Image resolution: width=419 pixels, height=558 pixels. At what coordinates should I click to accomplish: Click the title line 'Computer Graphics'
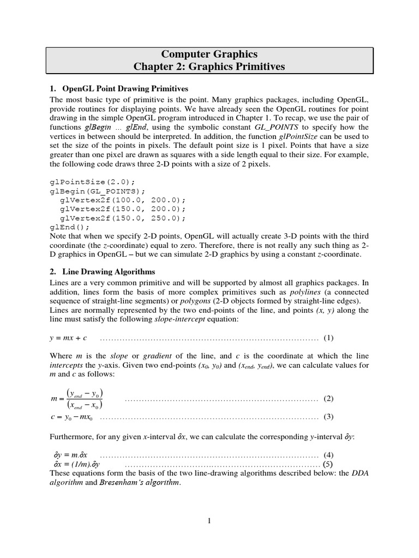point(209,54)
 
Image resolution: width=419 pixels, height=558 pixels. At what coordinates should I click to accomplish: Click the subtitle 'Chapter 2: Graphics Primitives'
point(209,67)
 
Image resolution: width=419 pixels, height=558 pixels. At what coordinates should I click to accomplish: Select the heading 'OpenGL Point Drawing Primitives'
point(125,88)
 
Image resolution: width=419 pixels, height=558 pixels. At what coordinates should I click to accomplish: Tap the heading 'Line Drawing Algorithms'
point(109,271)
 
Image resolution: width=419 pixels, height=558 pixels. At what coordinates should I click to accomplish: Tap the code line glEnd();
point(70,227)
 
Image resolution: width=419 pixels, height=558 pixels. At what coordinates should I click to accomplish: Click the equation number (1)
point(328,338)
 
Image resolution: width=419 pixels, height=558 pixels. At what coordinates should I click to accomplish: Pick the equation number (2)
point(328,398)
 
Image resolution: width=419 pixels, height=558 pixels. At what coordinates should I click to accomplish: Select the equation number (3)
point(328,417)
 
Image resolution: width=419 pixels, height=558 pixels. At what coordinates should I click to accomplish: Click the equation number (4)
point(328,454)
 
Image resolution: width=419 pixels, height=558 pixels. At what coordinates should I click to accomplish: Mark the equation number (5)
point(327,464)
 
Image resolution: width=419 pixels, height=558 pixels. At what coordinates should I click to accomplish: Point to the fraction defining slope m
point(84,399)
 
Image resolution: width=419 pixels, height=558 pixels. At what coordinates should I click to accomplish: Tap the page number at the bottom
point(209,521)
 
